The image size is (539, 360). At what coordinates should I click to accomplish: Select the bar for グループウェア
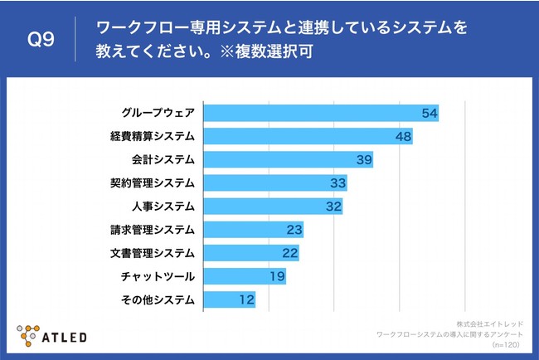tap(320, 113)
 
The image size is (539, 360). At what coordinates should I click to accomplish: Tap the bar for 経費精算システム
tap(308, 136)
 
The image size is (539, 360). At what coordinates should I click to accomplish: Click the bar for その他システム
tap(229, 299)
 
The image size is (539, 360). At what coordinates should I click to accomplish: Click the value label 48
tap(404, 136)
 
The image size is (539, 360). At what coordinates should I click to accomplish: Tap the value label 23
tap(294, 229)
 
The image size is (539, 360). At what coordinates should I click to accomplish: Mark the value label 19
tap(277, 275)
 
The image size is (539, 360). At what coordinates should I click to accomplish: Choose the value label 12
tap(246, 299)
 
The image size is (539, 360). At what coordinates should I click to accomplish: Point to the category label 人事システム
tap(163, 206)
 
